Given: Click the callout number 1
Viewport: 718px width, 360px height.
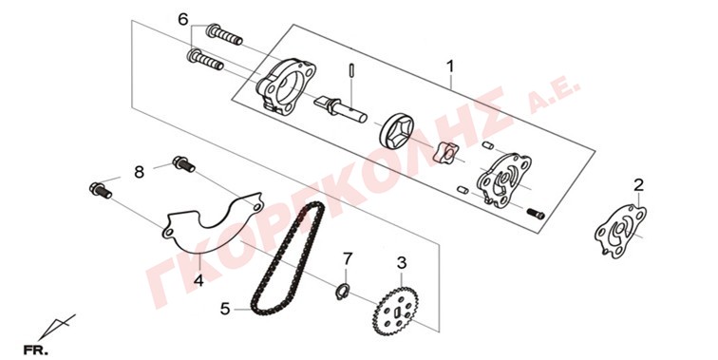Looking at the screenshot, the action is (x=450, y=66).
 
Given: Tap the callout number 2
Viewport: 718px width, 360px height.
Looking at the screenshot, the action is (x=639, y=185).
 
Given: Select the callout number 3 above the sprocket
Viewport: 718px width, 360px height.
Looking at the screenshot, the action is (x=402, y=263).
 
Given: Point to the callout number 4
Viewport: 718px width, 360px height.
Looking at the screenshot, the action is (x=198, y=280).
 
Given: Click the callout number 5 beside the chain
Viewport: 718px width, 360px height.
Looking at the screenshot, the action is (x=225, y=309).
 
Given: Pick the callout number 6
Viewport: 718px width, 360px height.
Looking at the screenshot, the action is (x=182, y=20).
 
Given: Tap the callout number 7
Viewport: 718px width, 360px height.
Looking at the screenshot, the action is (x=348, y=259).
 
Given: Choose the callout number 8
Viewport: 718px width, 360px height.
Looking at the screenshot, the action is (x=140, y=173).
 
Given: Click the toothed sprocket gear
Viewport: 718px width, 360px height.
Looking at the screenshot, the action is (x=396, y=312).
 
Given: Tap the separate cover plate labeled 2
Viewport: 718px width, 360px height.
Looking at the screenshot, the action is (x=620, y=232).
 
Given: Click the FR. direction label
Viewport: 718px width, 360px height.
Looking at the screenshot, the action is (x=36, y=351).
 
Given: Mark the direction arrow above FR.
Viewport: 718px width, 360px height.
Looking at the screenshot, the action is (x=59, y=326).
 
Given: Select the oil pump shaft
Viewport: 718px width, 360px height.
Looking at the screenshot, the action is (x=340, y=107).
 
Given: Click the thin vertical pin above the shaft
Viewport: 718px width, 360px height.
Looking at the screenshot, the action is (x=351, y=72).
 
